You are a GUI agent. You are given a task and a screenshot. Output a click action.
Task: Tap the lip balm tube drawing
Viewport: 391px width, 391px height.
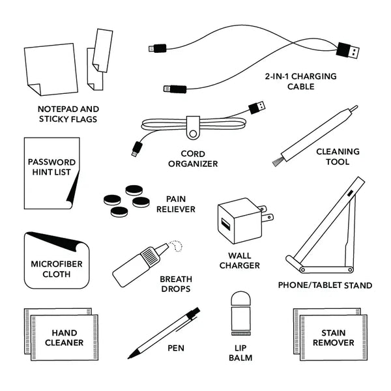(x=241, y=312)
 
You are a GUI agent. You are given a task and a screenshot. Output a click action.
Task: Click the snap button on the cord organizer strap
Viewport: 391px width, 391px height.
(x=193, y=134)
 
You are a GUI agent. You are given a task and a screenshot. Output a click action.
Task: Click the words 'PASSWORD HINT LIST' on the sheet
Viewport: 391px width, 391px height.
(x=51, y=167)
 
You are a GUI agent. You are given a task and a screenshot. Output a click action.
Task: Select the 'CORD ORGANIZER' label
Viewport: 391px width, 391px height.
(x=193, y=159)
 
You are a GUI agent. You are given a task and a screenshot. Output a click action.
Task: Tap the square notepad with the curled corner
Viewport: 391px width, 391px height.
(x=50, y=70)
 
